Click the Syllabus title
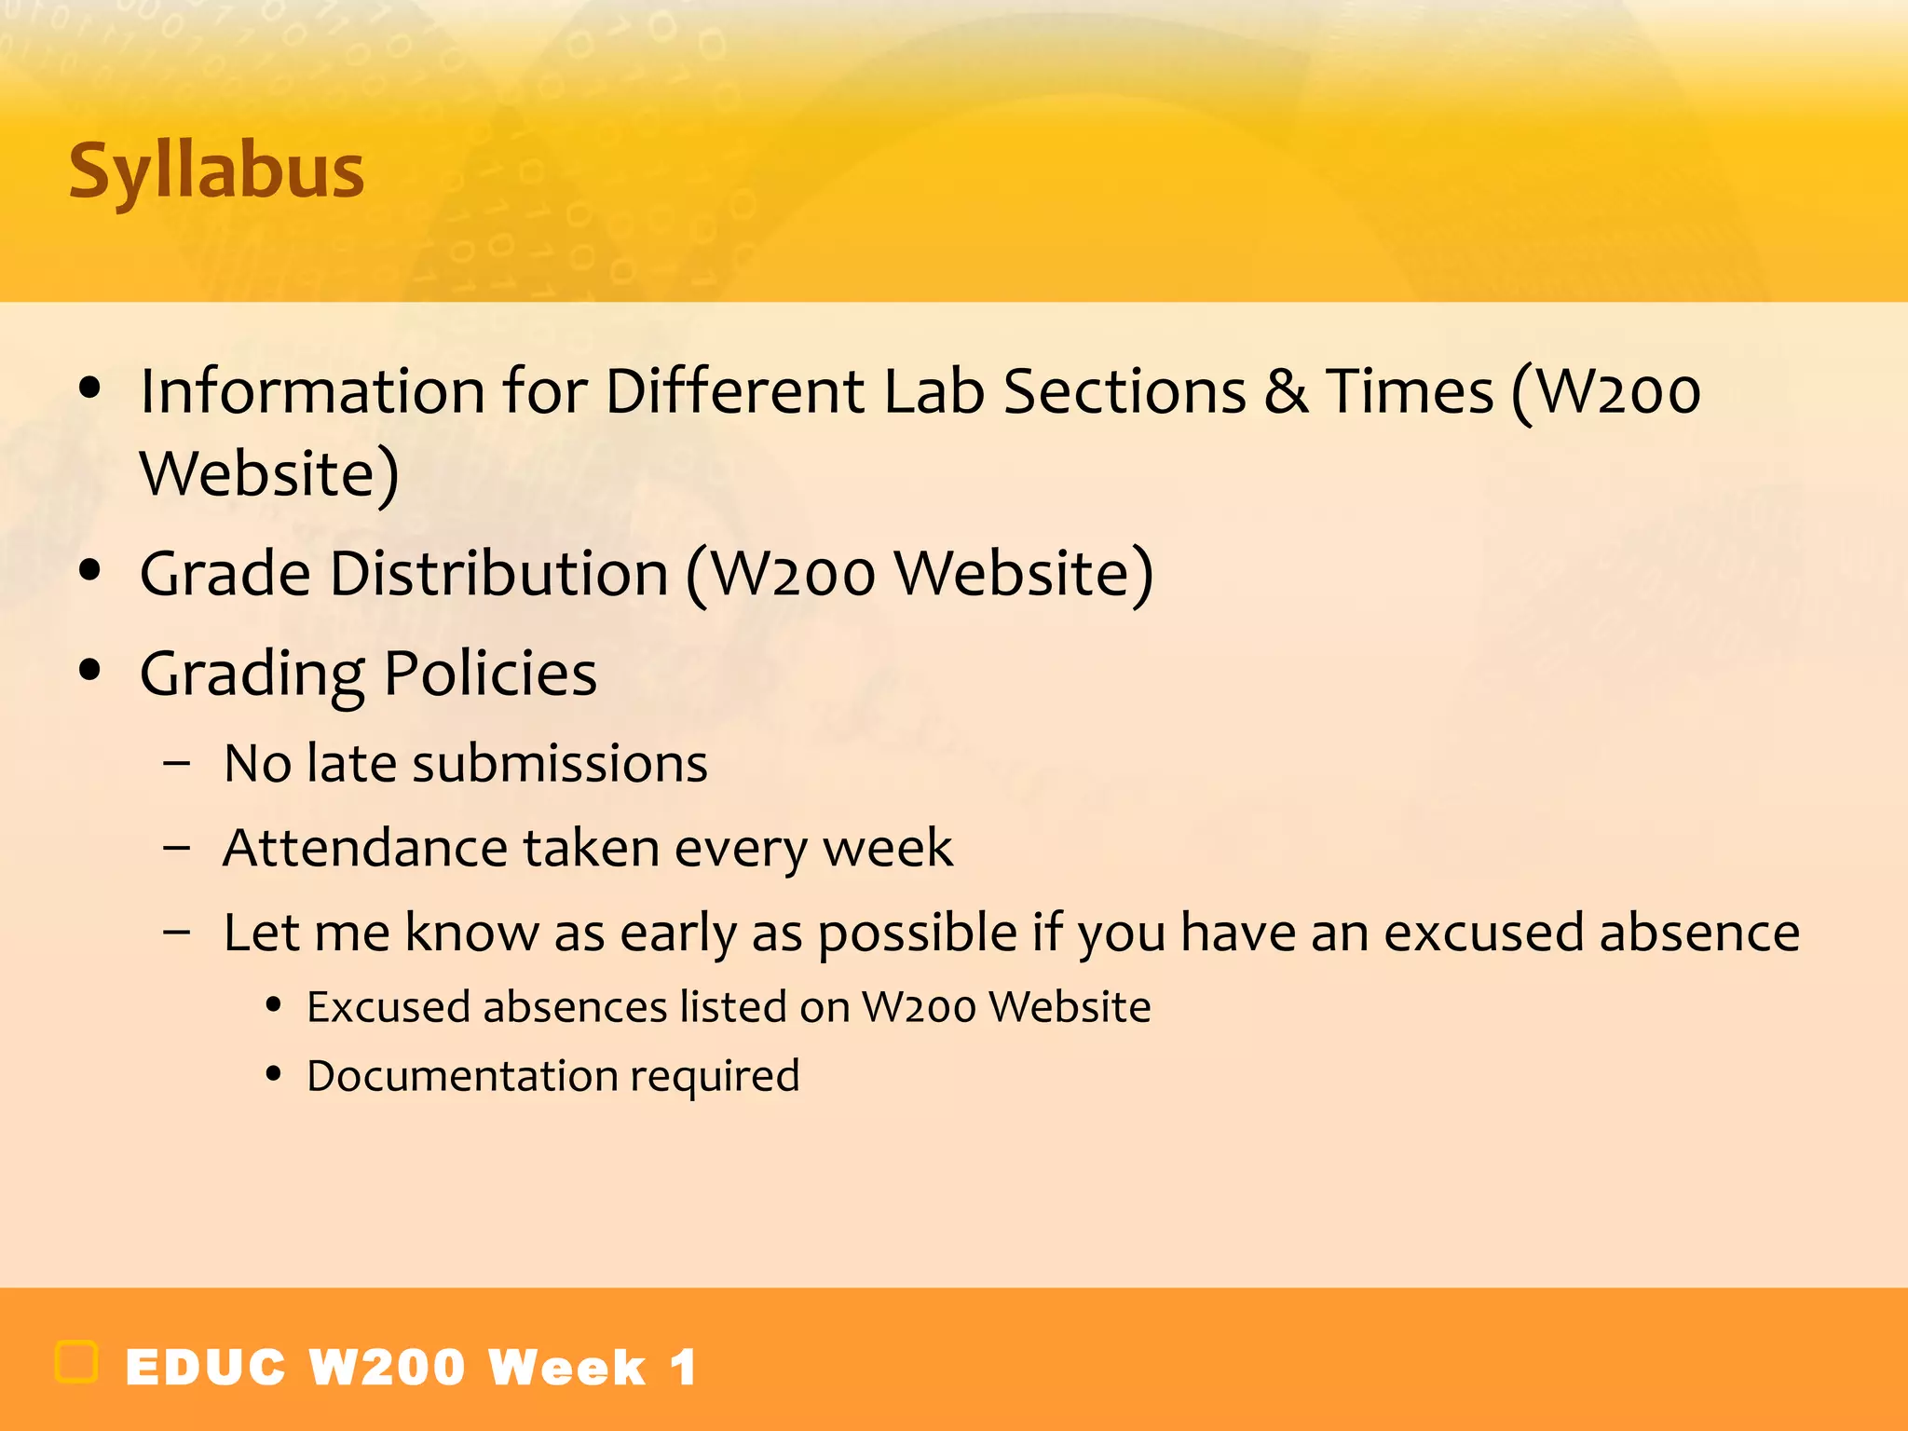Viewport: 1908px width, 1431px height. pos(216,172)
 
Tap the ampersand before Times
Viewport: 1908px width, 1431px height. pos(1286,391)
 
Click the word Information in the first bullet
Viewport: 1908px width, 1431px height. pos(312,391)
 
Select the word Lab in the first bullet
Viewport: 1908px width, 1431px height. pos(934,391)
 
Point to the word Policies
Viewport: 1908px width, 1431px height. pos(490,674)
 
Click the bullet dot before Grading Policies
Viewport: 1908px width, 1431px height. pos(89,670)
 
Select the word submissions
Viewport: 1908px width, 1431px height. pos(560,764)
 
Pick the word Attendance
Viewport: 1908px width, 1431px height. pos(364,849)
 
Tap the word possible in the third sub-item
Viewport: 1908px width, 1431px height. pos(917,934)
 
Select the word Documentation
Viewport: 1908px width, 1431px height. pos(462,1077)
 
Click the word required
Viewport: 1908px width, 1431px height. pos(715,1077)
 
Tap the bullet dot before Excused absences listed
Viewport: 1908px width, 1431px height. pos(273,1005)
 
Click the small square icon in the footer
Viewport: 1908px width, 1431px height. pos(76,1362)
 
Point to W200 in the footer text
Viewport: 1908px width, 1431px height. pos(387,1368)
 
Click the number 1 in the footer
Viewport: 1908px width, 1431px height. pos(683,1368)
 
